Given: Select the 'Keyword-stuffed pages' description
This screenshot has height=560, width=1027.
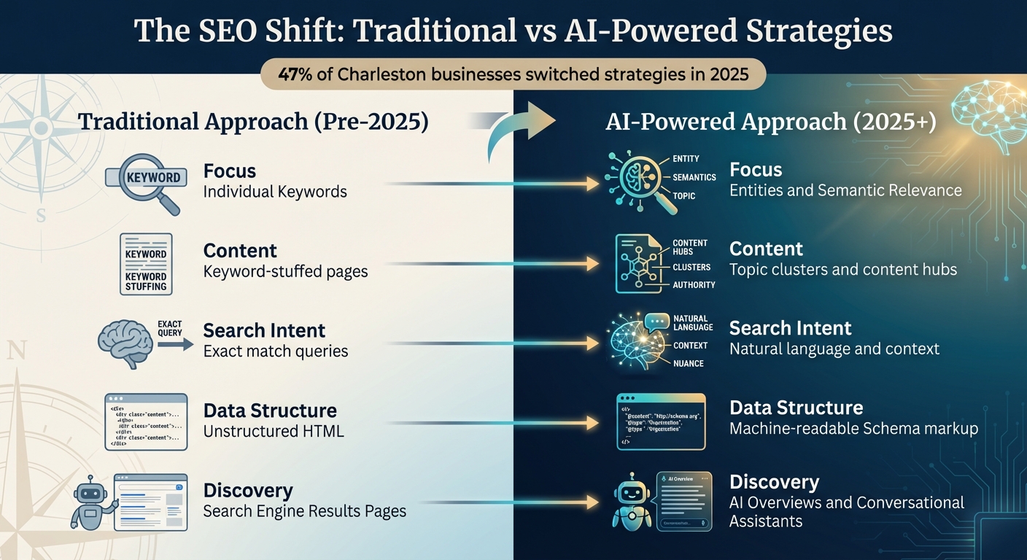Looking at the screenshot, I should pos(285,271).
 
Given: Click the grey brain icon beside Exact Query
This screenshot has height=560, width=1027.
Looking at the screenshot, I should pos(125,343).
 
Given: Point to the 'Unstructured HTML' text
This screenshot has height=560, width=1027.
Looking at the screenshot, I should pos(273,431).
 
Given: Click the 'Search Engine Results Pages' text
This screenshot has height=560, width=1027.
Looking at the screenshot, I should pos(304,510).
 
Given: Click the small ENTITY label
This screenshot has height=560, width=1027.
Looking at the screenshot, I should pos(686,158).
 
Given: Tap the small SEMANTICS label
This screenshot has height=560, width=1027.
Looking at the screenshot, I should pos(694,177).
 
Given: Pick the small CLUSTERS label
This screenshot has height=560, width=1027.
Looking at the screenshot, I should pos(691,268).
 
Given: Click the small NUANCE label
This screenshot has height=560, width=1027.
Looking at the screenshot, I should pos(689,363).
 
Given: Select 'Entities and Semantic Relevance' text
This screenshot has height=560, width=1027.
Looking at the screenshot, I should pos(845,190).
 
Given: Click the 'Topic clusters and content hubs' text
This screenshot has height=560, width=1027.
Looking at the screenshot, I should pos(842,269).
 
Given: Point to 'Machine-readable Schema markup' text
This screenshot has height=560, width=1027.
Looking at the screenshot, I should pos(853,428).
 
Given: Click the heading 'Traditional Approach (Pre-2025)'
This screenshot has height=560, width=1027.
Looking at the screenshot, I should pos(252,121).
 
